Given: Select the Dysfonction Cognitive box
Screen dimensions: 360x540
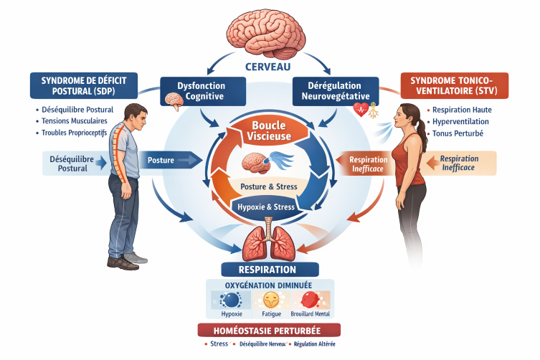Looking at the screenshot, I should coord(200,91).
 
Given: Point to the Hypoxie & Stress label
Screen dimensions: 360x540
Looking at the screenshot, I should coord(266,207).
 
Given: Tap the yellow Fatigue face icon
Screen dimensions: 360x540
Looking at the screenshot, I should coord(271,300).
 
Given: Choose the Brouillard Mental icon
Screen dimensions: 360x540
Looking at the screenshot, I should coord(310,300).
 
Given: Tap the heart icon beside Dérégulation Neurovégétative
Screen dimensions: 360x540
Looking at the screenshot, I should coord(361,110).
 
